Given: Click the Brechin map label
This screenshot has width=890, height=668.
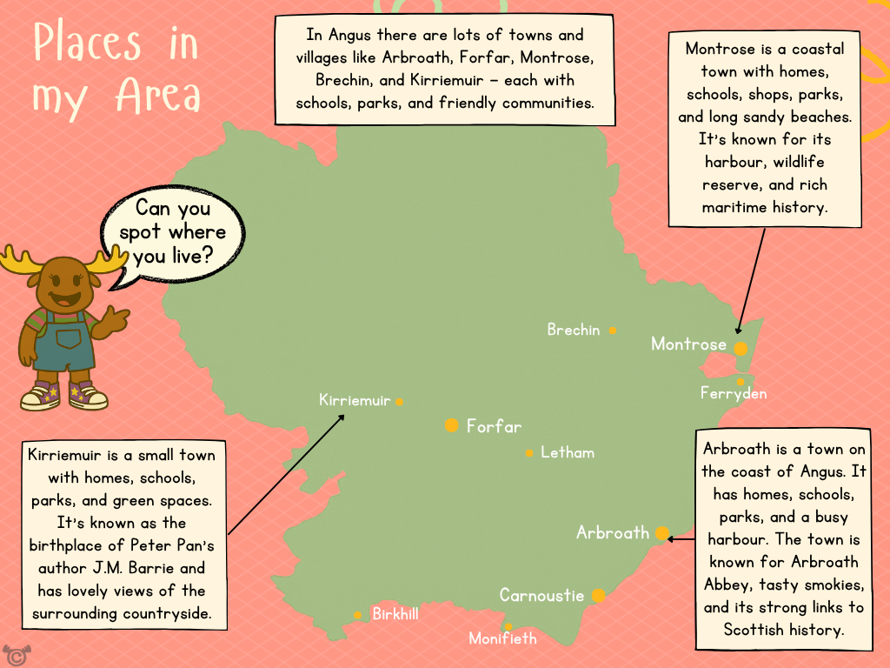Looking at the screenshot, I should click(x=574, y=331).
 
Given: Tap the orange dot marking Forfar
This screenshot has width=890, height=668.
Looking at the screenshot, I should click(x=451, y=425).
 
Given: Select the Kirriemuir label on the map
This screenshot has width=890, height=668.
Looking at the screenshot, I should click(x=355, y=401).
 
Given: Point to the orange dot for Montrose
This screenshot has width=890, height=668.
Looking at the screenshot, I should click(x=741, y=349).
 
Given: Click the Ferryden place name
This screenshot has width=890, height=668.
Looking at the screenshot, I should click(x=734, y=394).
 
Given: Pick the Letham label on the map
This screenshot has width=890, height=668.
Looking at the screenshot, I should click(x=568, y=453).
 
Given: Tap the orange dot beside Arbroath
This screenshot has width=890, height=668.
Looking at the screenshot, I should click(x=662, y=533).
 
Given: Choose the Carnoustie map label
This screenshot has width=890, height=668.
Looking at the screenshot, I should click(x=541, y=596).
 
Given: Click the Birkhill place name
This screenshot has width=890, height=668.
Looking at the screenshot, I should click(x=395, y=614).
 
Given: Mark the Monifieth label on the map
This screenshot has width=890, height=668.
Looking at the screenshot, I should click(x=502, y=639).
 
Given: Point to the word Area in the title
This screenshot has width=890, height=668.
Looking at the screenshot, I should click(x=157, y=94).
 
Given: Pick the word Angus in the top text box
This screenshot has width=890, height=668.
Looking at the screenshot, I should click(x=349, y=36).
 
